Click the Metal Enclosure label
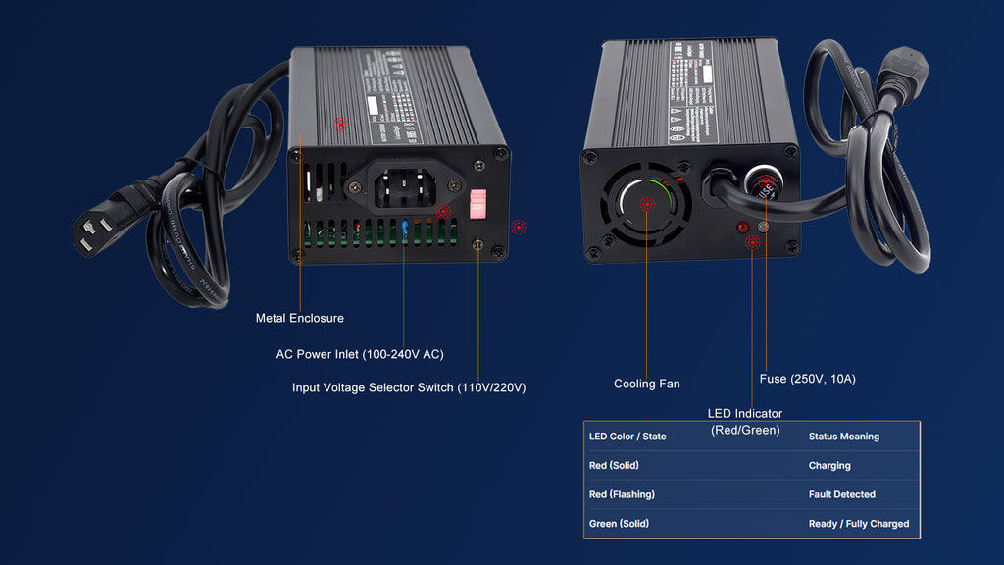pyautogui.click(x=299, y=318)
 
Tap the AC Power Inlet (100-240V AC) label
pyautogui.click(x=360, y=354)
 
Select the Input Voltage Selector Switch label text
pyautogui.click(x=409, y=387)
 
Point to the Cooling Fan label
pyautogui.click(x=646, y=384)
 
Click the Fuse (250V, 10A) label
pyautogui.click(x=800, y=379)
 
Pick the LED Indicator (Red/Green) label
pyautogui.click(x=745, y=422)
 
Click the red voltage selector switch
pyautogui.click(x=478, y=204)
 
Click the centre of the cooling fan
pyautogui.click(x=646, y=204)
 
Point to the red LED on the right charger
pyautogui.click(x=743, y=228)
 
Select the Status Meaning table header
pyautogui.click(x=843, y=437)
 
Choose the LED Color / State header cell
pyautogui.click(x=627, y=437)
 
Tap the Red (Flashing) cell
pyautogui.click(x=622, y=494)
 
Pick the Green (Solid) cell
pyautogui.click(x=618, y=524)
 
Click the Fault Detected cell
pyautogui.click(x=841, y=494)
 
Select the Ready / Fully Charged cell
pyautogui.click(x=858, y=524)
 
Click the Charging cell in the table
pyautogui.click(x=829, y=466)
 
